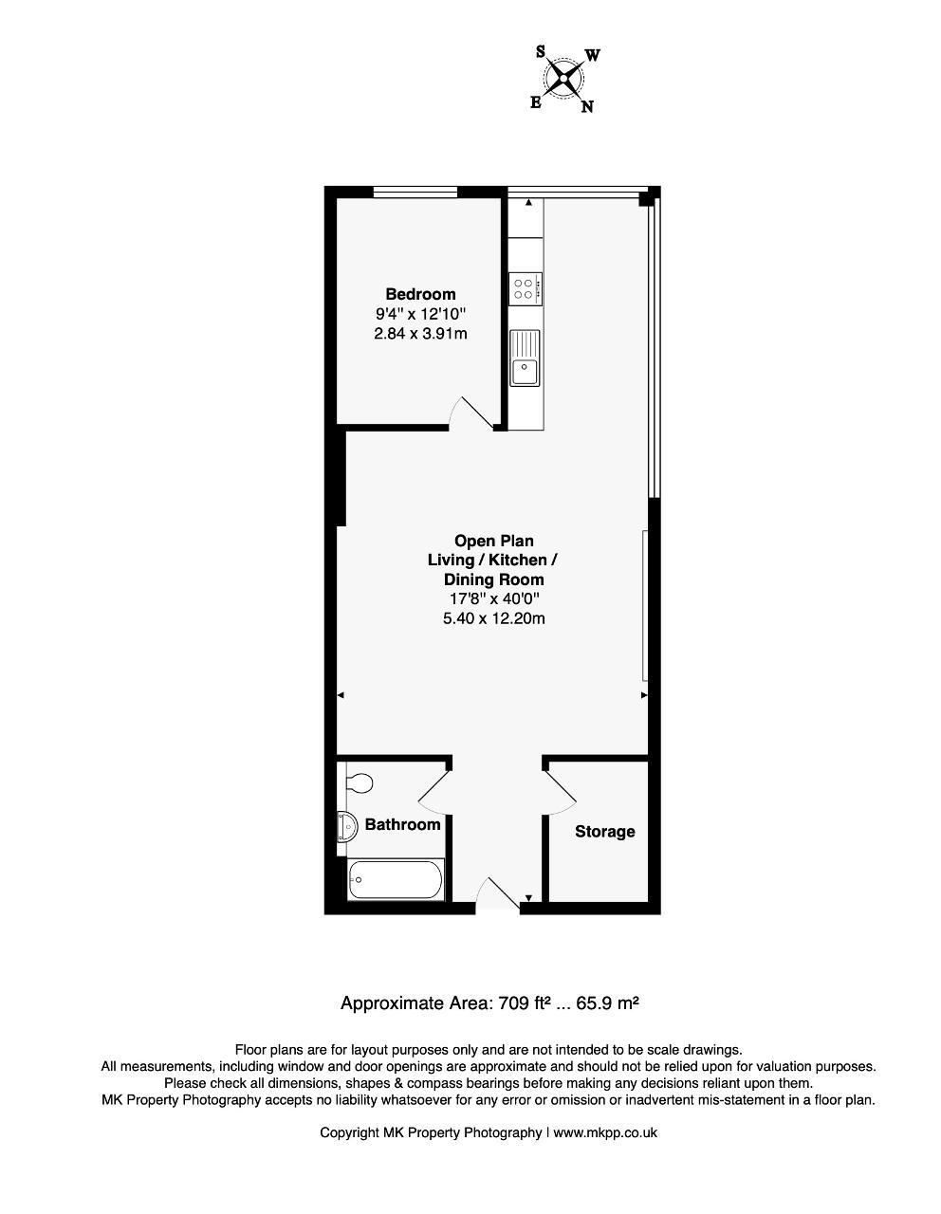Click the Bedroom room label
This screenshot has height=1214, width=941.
click(420, 294)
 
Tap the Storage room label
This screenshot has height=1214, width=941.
click(604, 832)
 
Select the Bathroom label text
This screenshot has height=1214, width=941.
click(402, 824)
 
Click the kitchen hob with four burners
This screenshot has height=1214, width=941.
click(525, 289)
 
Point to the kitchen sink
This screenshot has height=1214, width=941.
click(525, 358)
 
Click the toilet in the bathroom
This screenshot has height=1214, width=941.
click(359, 783)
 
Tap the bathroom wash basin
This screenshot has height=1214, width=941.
click(347, 827)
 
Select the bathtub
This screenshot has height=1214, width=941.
click(395, 880)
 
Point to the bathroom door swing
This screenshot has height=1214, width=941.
click(434, 792)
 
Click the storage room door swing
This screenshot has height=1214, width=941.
click(560, 792)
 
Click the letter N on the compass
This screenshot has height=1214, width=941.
click(587, 106)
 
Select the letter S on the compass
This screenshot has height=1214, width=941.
click(541, 52)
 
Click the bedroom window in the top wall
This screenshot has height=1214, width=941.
click(415, 193)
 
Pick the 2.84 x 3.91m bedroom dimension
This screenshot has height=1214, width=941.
click(420, 334)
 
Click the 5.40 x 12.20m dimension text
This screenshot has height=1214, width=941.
click(493, 618)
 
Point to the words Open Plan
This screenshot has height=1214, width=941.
click(493, 541)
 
